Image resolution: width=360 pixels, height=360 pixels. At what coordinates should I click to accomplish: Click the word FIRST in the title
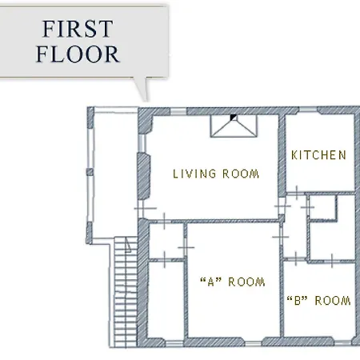(78, 29)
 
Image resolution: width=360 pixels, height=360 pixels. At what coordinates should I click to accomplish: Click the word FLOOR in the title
(78, 54)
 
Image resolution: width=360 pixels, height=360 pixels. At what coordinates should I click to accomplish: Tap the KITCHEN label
(318, 155)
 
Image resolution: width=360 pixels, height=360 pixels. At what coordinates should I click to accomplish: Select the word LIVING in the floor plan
(194, 174)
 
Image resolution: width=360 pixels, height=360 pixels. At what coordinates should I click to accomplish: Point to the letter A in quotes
(210, 282)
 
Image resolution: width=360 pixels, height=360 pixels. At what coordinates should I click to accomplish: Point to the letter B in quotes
(298, 301)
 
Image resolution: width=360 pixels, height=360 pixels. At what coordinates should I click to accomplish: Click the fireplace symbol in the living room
(234, 126)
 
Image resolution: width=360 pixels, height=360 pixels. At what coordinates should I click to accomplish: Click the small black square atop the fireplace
(234, 118)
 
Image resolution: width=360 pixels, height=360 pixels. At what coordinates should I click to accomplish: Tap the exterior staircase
(126, 292)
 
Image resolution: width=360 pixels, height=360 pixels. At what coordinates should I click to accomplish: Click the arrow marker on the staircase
(128, 246)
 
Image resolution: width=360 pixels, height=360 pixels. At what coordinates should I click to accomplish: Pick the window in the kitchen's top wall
(308, 110)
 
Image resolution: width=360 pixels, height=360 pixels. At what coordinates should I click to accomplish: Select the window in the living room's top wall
(178, 111)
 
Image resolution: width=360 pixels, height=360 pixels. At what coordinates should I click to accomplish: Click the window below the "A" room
(254, 343)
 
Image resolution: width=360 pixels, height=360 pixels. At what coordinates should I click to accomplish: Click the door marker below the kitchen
(297, 193)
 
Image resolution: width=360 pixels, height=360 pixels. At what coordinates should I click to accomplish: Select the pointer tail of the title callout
(142, 90)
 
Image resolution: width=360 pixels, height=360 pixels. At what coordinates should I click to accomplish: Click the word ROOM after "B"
(333, 301)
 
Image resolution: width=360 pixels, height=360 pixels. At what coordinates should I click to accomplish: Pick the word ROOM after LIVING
(241, 174)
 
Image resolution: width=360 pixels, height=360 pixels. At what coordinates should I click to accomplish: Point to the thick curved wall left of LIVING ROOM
(144, 176)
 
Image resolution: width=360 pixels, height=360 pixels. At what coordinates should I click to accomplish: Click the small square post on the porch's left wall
(90, 172)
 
